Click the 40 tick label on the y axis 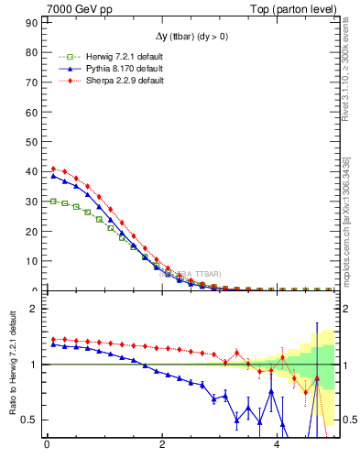tap(32, 171)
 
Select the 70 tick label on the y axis tap(32, 82)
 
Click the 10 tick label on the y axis tap(32, 261)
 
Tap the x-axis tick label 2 tap(162, 447)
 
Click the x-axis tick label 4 tap(278, 447)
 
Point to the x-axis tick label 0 tap(47, 447)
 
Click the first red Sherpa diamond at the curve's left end tap(53, 169)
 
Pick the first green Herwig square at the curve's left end tap(53, 201)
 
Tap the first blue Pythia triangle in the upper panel tap(53, 177)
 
